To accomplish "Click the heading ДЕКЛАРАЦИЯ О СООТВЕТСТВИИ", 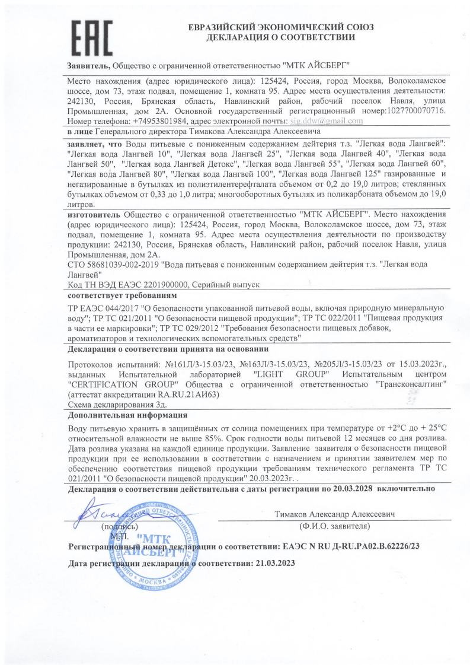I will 280,37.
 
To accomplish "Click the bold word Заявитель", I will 88,64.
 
